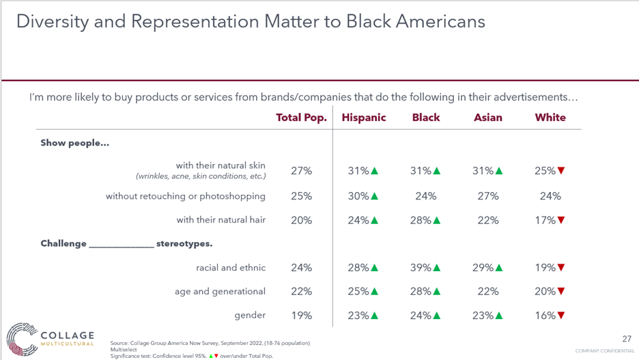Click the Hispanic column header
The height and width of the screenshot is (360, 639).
tap(364, 117)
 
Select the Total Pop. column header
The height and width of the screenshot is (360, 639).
tap(301, 117)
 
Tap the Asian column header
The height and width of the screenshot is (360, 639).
tap(488, 117)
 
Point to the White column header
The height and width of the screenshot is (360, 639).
tap(550, 117)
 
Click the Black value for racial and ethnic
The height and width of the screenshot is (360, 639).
tap(421, 268)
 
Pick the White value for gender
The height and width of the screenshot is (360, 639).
tap(545, 316)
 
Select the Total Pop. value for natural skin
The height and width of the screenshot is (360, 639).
tap(301, 171)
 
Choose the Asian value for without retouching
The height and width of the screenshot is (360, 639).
tap(488, 196)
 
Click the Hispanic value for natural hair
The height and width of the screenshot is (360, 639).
tap(358, 220)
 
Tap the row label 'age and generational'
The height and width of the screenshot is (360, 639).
tap(220, 292)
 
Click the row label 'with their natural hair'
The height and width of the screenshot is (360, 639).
tap(221, 220)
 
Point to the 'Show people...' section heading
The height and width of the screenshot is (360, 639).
tap(75, 143)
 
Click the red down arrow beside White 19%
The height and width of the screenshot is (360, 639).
tap(561, 268)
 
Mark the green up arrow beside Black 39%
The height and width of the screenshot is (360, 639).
tap(437, 268)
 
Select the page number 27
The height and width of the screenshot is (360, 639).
tap(627, 339)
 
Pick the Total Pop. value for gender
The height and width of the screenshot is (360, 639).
tap(301, 316)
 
